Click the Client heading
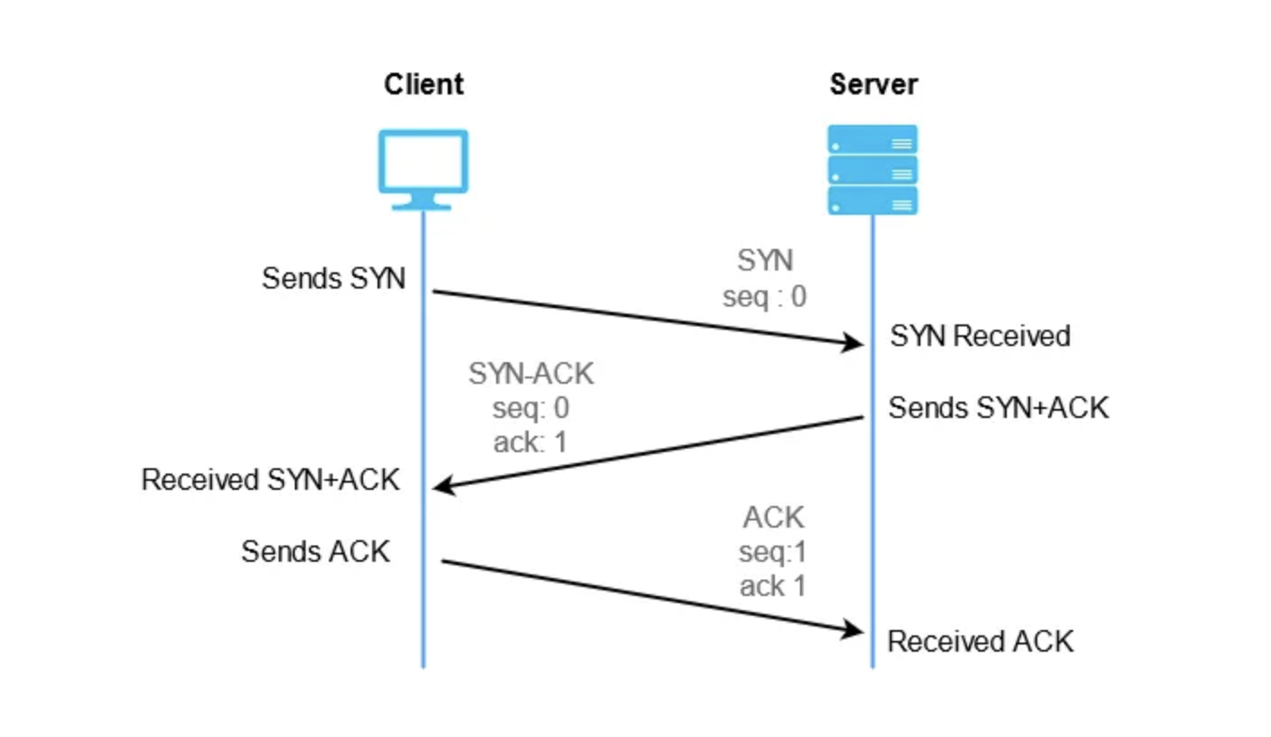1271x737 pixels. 423,84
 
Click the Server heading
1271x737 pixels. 873,84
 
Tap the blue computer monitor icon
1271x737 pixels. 423,170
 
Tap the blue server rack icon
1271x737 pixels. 873,170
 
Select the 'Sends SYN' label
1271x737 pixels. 333,279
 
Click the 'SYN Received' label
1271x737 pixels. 980,336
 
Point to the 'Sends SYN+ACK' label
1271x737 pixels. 998,408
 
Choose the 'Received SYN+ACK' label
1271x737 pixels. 270,480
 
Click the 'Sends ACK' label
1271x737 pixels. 316,552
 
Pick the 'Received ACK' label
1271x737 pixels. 980,642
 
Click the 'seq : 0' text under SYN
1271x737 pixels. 764,297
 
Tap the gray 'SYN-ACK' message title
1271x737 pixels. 531,374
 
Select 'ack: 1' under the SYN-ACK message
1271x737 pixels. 530,442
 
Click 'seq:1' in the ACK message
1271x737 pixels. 773,552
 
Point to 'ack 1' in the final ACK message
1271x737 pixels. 773,586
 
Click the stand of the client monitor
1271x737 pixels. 422,202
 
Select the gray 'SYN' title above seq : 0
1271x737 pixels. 765,261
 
